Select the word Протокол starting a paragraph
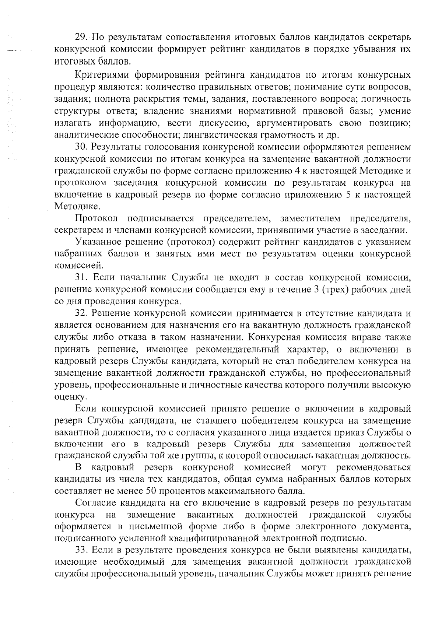[x=96, y=218]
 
